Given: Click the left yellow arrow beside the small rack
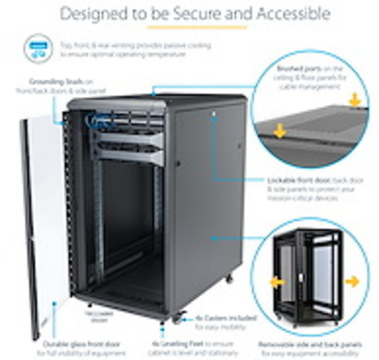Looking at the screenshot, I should (277, 282).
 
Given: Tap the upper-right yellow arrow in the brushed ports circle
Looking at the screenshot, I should (355, 100).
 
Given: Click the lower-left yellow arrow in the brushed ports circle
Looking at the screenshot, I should (279, 132).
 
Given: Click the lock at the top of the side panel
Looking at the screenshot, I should (214, 113).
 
